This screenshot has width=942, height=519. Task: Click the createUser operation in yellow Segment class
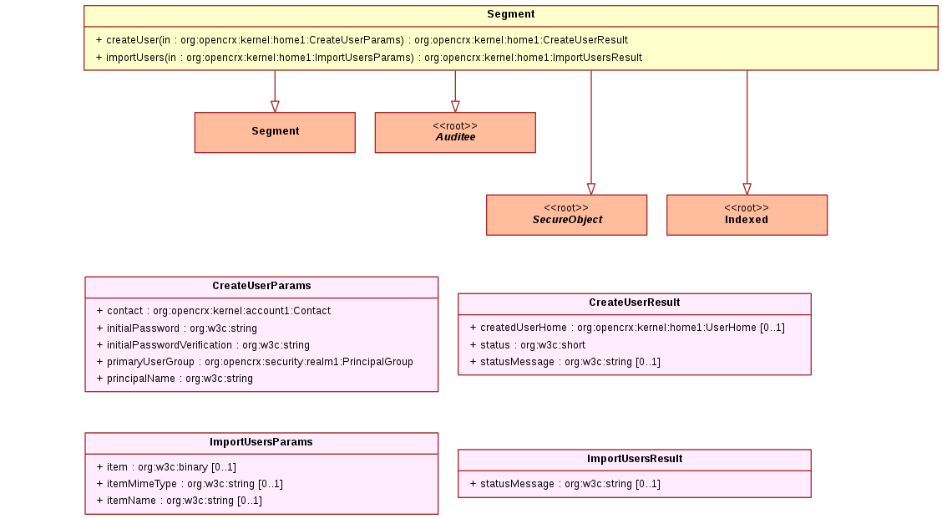[x=362, y=40]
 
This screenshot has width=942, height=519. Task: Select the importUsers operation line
[x=369, y=58]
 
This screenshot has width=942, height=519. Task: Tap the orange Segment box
[x=275, y=132]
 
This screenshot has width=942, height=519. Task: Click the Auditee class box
[x=455, y=132]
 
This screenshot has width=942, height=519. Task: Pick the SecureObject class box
[x=566, y=215]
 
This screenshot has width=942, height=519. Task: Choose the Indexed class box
[x=747, y=215]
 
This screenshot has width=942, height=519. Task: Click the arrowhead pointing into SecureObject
[x=591, y=190]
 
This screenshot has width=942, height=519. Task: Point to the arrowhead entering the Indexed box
[x=747, y=190]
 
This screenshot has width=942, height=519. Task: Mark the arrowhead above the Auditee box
[x=455, y=107]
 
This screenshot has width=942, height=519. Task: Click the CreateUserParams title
[x=261, y=287]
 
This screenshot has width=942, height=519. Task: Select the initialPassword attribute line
[x=177, y=328]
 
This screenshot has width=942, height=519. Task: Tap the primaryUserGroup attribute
[x=255, y=362]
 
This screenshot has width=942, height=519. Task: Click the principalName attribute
[x=175, y=379]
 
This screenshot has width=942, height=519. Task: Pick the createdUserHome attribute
[x=627, y=328]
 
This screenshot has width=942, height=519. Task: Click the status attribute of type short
[x=528, y=345]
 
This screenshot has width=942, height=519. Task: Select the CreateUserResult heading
[x=635, y=303]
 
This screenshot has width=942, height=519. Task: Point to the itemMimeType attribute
[x=190, y=484]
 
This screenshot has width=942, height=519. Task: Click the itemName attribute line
[x=179, y=501]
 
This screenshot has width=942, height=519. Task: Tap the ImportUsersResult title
[x=635, y=459]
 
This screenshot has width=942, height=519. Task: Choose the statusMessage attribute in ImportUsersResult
[x=565, y=484]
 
